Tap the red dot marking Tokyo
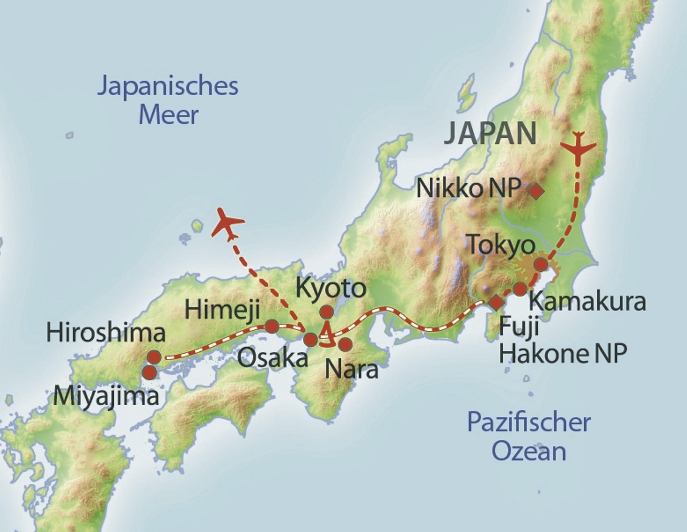541,265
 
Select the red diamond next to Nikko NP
536,191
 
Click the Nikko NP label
469,188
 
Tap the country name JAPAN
490,133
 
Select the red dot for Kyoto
326,312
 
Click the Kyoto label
331,288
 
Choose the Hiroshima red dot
154,357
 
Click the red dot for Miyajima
150,373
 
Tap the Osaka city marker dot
310,339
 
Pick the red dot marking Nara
345,344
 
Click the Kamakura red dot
520,289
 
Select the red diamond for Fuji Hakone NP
496,303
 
